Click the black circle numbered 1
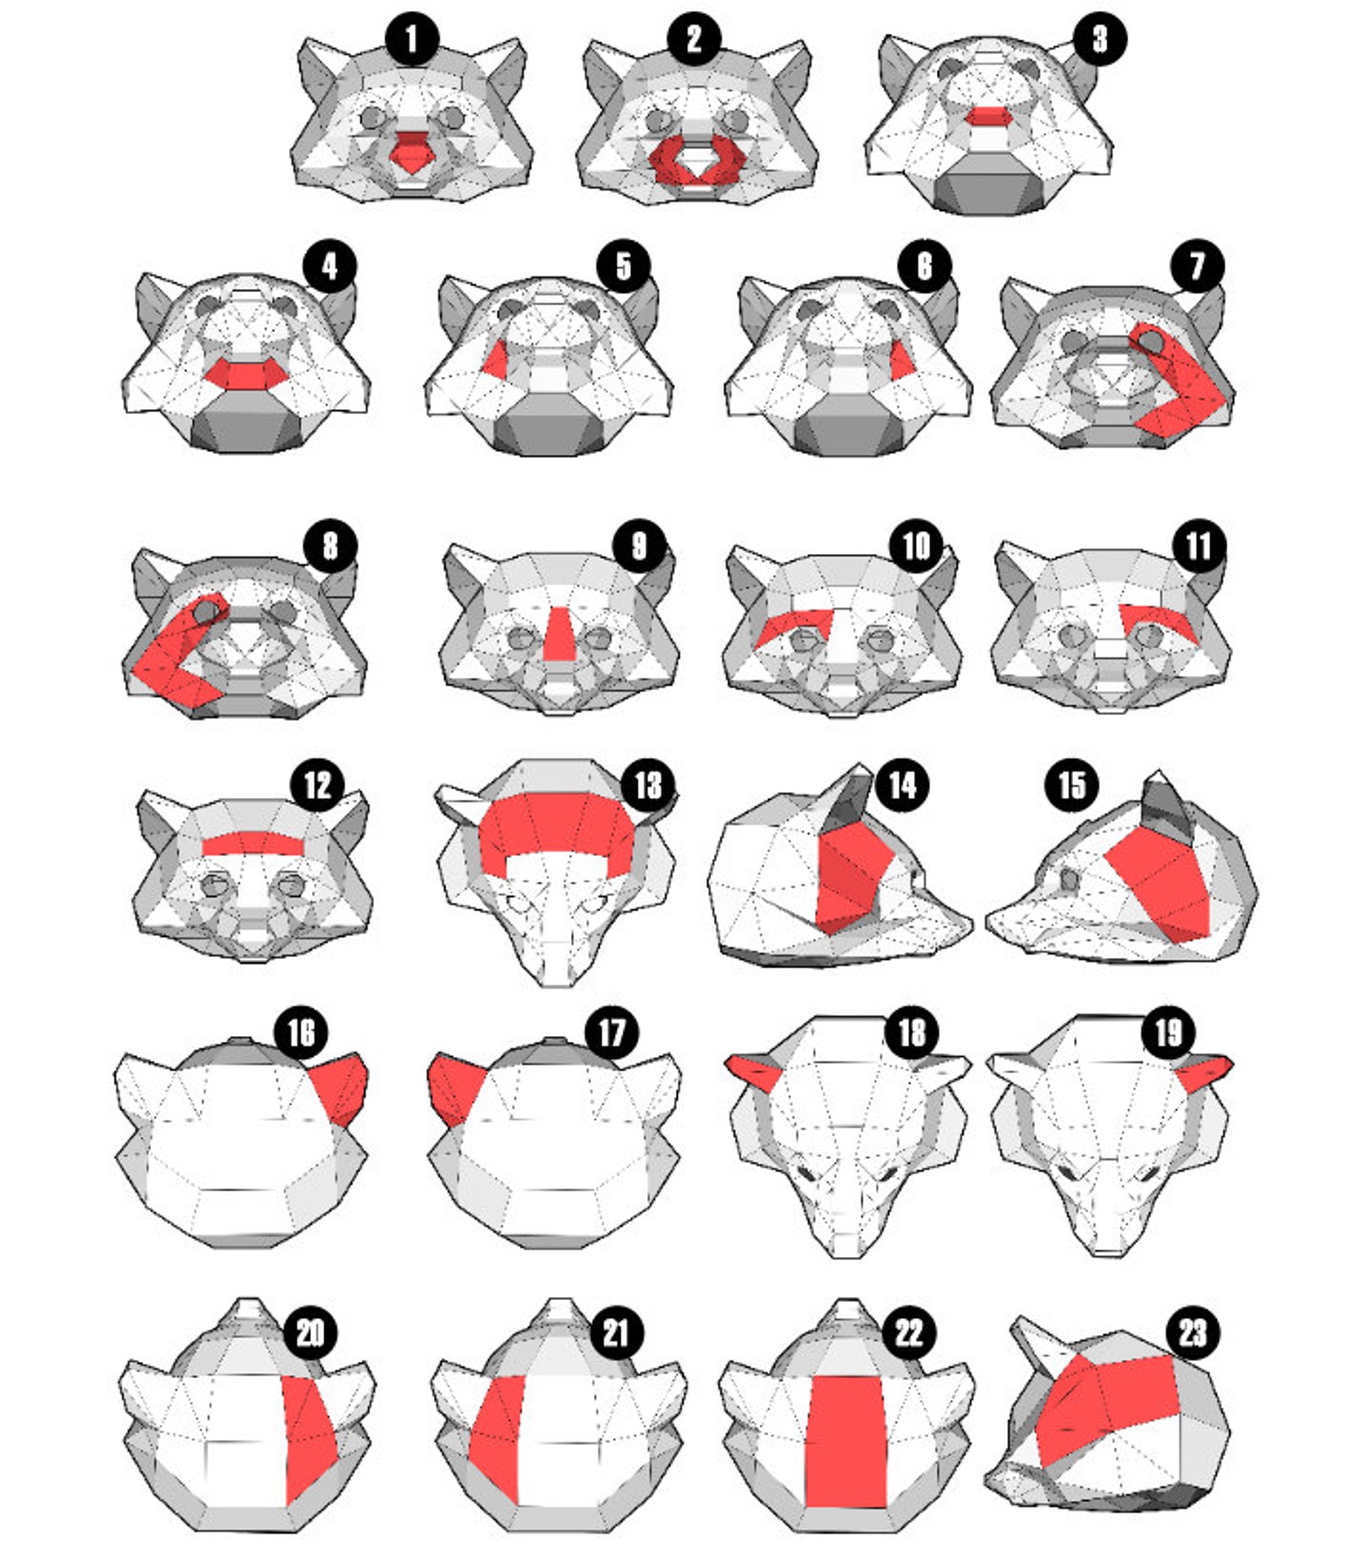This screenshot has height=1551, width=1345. (x=412, y=40)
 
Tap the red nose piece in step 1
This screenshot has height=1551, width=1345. (x=412, y=153)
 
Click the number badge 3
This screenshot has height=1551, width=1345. (x=1099, y=39)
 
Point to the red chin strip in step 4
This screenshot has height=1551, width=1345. (x=246, y=374)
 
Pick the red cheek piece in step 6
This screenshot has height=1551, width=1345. (x=902, y=361)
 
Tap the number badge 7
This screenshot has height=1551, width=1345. (x=1197, y=266)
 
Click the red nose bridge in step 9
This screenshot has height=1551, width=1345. (x=559, y=634)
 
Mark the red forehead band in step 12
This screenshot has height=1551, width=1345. (x=252, y=843)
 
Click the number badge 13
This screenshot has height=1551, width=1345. (x=648, y=785)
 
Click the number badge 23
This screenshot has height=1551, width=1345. (x=1192, y=1333)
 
